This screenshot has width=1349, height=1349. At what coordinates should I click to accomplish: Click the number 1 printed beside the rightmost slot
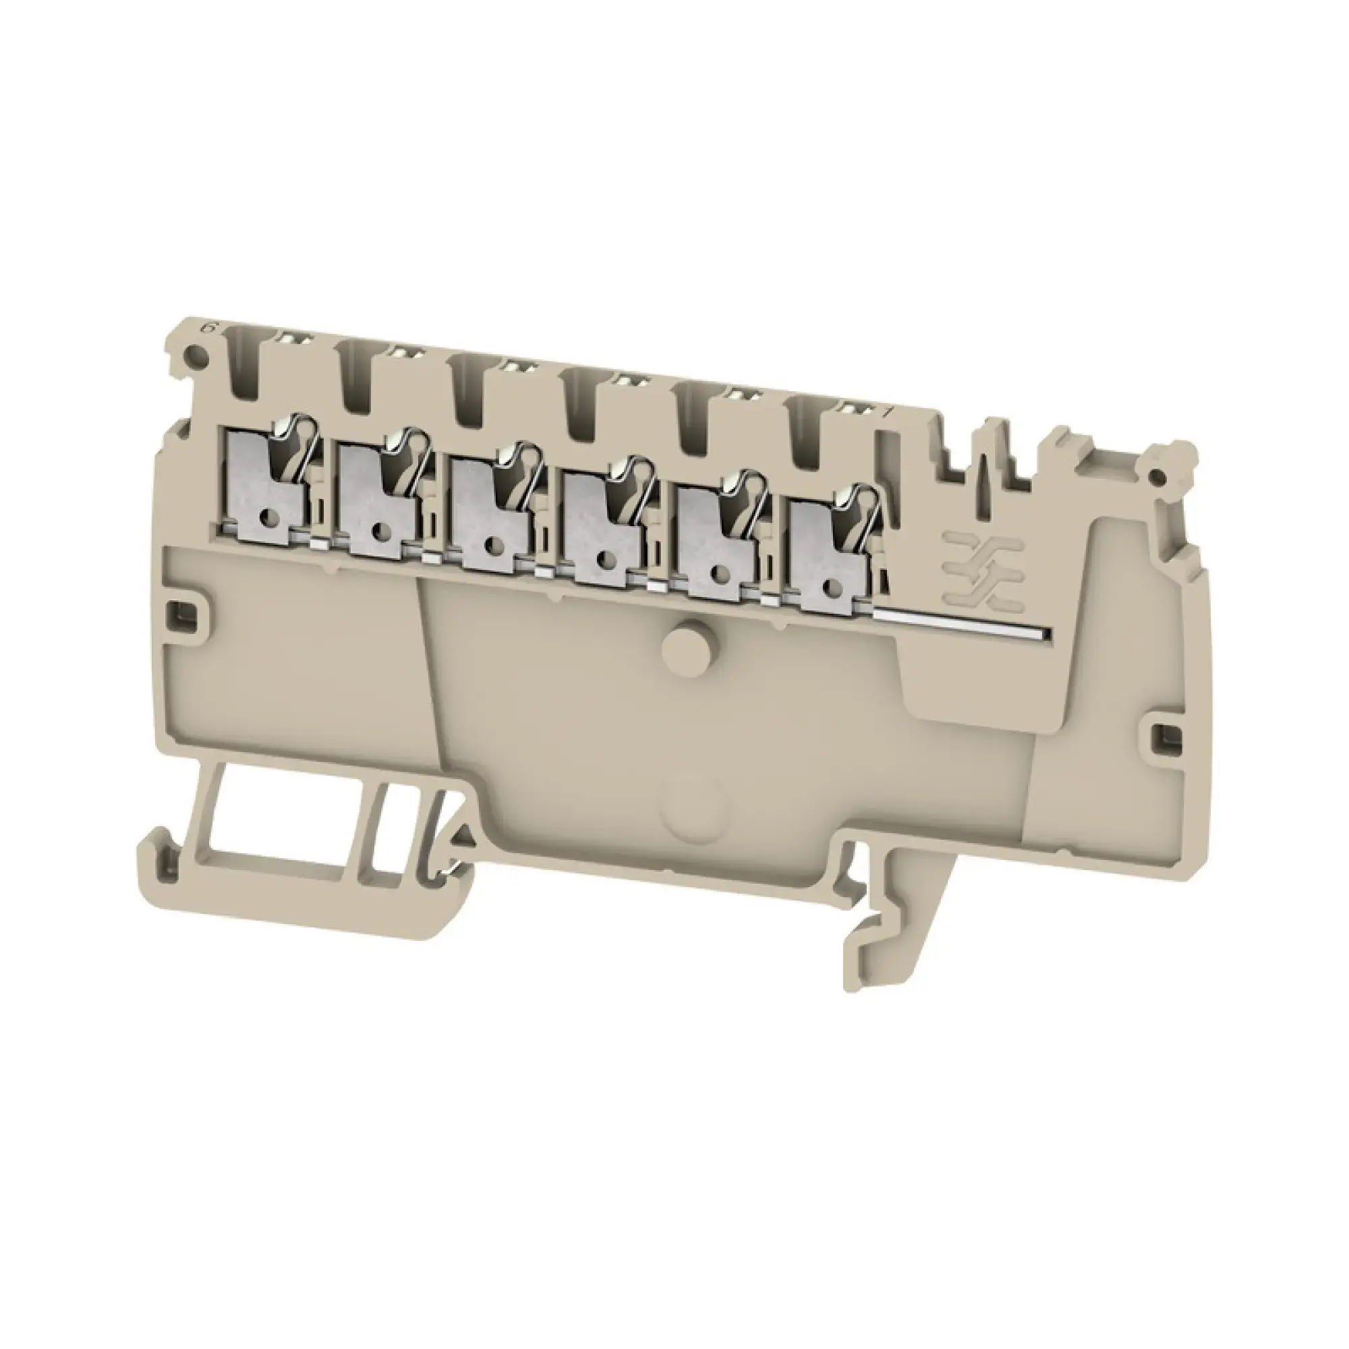[x=887, y=413]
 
